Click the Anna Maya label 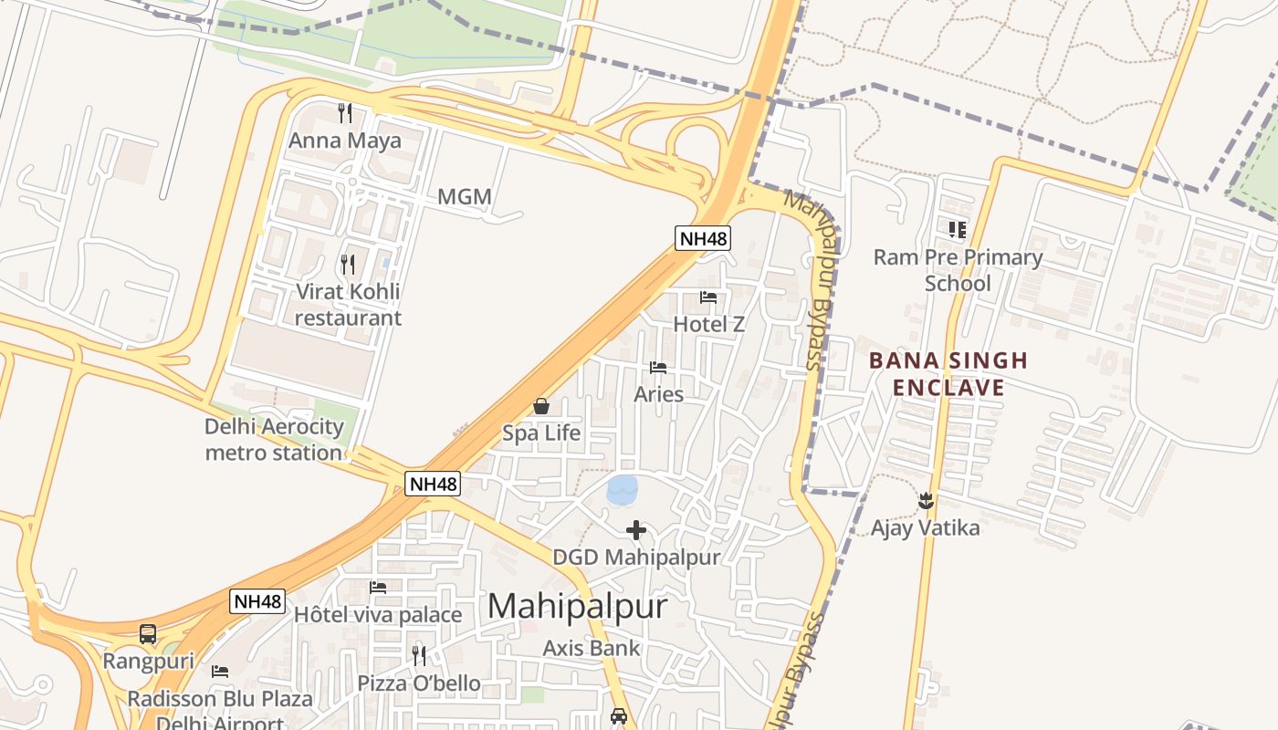pyautogui.click(x=345, y=141)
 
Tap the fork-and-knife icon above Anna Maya pyautogui.click(x=345, y=113)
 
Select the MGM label pyautogui.click(x=465, y=196)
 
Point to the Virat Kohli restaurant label pyautogui.click(x=348, y=305)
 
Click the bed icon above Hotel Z pyautogui.click(x=708, y=297)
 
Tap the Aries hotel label pyautogui.click(x=659, y=394)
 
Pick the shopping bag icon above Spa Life pyautogui.click(x=541, y=406)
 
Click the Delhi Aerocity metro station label pyautogui.click(x=274, y=439)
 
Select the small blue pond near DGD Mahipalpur pyautogui.click(x=623, y=490)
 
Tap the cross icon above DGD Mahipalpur pyautogui.click(x=636, y=529)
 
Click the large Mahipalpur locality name pyautogui.click(x=577, y=606)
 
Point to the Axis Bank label pyautogui.click(x=592, y=648)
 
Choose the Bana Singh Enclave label pyautogui.click(x=948, y=374)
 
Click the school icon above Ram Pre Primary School pyautogui.click(x=957, y=230)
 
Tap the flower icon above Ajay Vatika pyautogui.click(x=926, y=500)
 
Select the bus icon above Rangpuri pyautogui.click(x=148, y=633)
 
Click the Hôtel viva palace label pyautogui.click(x=378, y=615)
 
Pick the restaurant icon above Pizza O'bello pyautogui.click(x=419, y=655)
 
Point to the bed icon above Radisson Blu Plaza pyautogui.click(x=220, y=672)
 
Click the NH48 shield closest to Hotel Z pyautogui.click(x=703, y=239)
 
